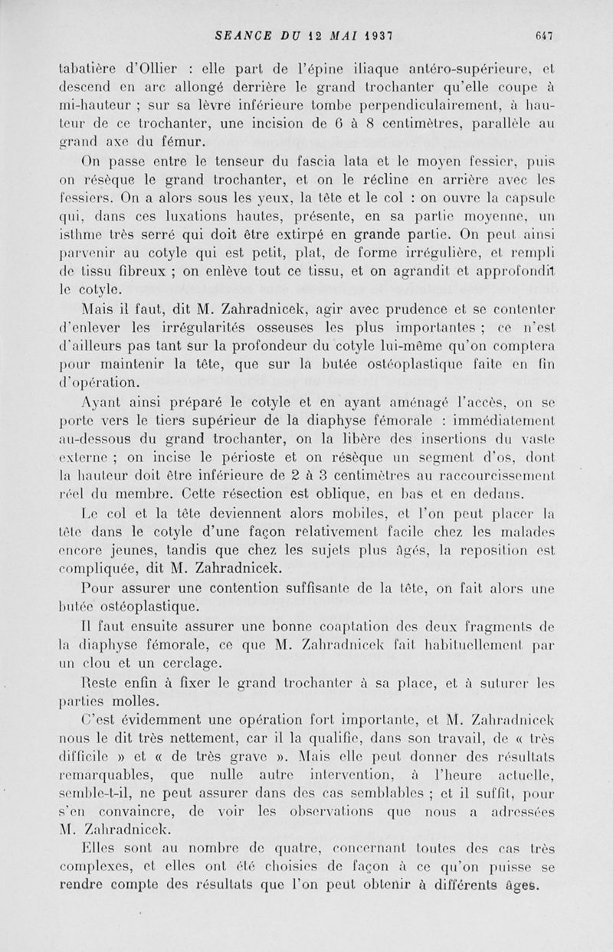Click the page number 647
(545, 34)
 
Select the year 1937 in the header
(379, 34)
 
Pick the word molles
(141, 699)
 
